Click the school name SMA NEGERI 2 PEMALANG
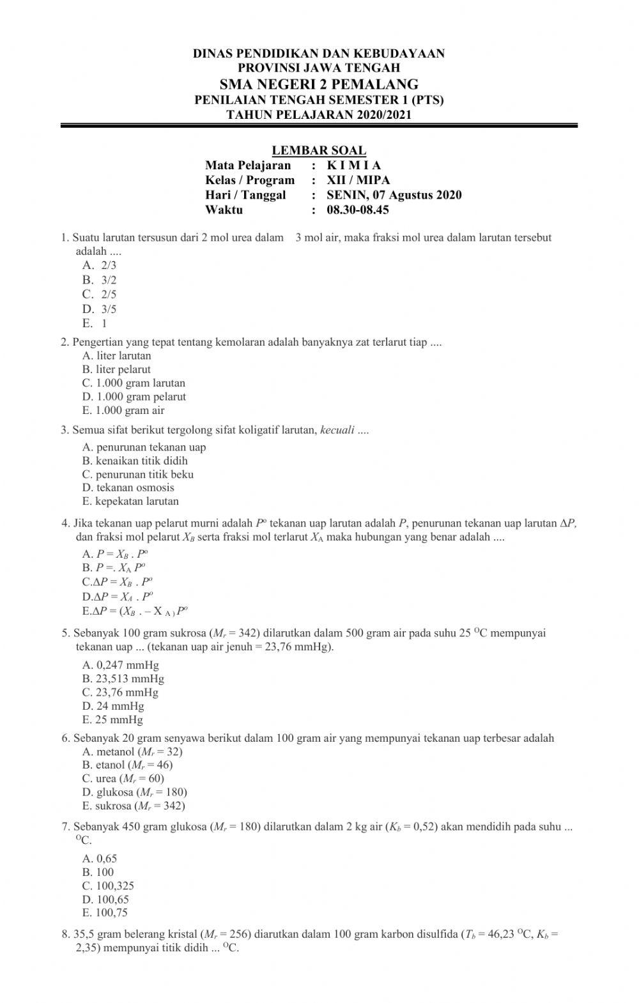[x=319, y=84]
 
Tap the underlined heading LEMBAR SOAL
[x=319, y=151]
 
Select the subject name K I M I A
[x=353, y=165]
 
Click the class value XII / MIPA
[x=358, y=180]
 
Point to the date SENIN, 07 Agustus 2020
[x=394, y=195]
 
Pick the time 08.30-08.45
[x=358, y=210]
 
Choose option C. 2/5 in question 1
[x=100, y=295]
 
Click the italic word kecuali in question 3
[x=337, y=430]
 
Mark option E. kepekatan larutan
[x=130, y=501]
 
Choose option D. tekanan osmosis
[x=128, y=488]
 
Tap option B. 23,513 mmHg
[x=123, y=679]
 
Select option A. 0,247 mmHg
[x=121, y=665]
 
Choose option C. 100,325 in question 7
[x=108, y=886]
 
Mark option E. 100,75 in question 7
[x=105, y=913]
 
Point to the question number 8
[x=65, y=935]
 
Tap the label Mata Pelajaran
[x=248, y=165]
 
